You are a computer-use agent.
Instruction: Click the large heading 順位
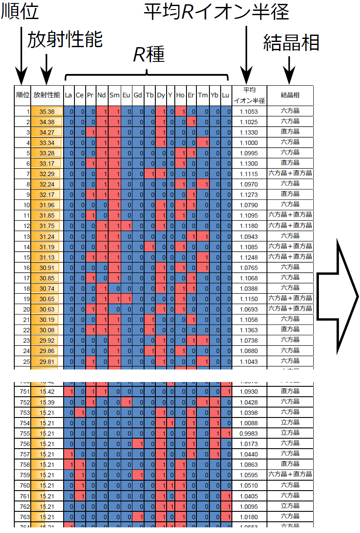20,12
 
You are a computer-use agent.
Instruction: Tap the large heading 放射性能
65,40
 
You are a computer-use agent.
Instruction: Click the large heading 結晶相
291,42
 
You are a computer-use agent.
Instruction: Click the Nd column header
102,95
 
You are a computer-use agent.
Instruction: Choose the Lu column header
225,95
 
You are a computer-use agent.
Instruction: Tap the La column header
68,95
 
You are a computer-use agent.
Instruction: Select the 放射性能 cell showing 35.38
47,112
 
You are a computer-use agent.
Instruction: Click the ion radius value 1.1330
249,132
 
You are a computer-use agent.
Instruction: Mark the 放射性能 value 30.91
47,268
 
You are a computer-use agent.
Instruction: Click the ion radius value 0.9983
249,433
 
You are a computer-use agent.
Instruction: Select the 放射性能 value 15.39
47,402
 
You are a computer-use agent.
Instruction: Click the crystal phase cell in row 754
290,423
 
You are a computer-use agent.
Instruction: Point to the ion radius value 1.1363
249,330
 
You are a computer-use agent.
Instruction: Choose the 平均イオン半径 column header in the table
249,95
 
